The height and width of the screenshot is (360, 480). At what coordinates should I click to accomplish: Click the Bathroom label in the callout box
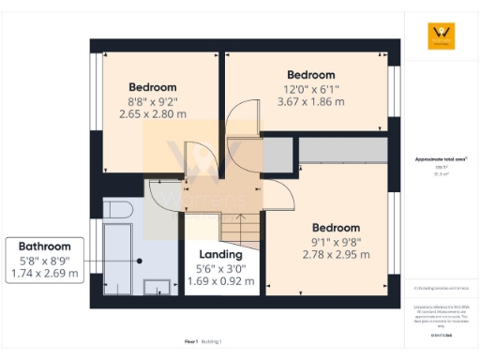click(45, 246)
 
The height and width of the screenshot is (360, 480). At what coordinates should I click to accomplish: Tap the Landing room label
click(221, 254)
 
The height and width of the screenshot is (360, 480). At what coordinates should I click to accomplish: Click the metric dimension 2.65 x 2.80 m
click(154, 113)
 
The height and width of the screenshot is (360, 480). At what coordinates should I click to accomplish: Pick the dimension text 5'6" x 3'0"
click(221, 267)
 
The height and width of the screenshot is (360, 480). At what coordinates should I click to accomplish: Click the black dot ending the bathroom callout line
click(139, 261)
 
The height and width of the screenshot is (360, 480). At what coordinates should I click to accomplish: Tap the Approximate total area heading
click(441, 159)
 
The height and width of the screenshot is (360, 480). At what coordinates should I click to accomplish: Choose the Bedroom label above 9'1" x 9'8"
click(336, 228)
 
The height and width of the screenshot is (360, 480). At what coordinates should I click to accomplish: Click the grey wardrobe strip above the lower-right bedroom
click(342, 150)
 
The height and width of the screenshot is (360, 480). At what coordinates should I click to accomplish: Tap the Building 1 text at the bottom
click(215, 342)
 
